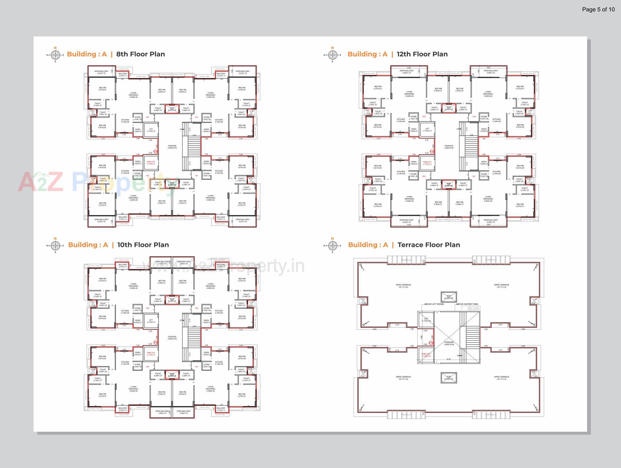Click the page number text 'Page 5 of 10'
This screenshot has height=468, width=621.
[x=598, y=9]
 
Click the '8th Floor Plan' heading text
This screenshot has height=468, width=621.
[x=140, y=54]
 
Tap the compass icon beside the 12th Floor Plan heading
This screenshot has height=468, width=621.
[x=332, y=55]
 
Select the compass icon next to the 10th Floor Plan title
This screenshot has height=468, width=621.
[x=55, y=245]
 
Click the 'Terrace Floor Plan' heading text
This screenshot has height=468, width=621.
[x=429, y=245]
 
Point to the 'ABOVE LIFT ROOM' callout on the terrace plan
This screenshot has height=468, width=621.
[x=434, y=304]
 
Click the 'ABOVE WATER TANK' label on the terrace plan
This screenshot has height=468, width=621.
[x=467, y=304]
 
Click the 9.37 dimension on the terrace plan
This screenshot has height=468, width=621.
[x=449, y=359]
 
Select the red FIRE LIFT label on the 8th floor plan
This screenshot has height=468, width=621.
[x=151, y=163]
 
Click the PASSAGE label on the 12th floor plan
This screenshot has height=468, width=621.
[x=449, y=147]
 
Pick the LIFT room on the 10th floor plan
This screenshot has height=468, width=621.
[x=151, y=321]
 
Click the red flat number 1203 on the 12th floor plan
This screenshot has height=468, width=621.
[x=423, y=117]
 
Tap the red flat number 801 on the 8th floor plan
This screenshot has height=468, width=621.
[x=196, y=176]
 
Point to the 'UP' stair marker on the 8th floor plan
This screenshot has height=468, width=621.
[x=181, y=129]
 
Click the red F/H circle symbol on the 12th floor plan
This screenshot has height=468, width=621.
[x=431, y=152]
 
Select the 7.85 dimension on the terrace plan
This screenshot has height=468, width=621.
[x=421, y=337]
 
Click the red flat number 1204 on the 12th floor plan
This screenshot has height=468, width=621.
[x=474, y=117]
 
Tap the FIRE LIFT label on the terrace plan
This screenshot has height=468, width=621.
[x=426, y=355]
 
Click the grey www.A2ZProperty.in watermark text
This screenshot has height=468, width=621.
[x=223, y=266]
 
